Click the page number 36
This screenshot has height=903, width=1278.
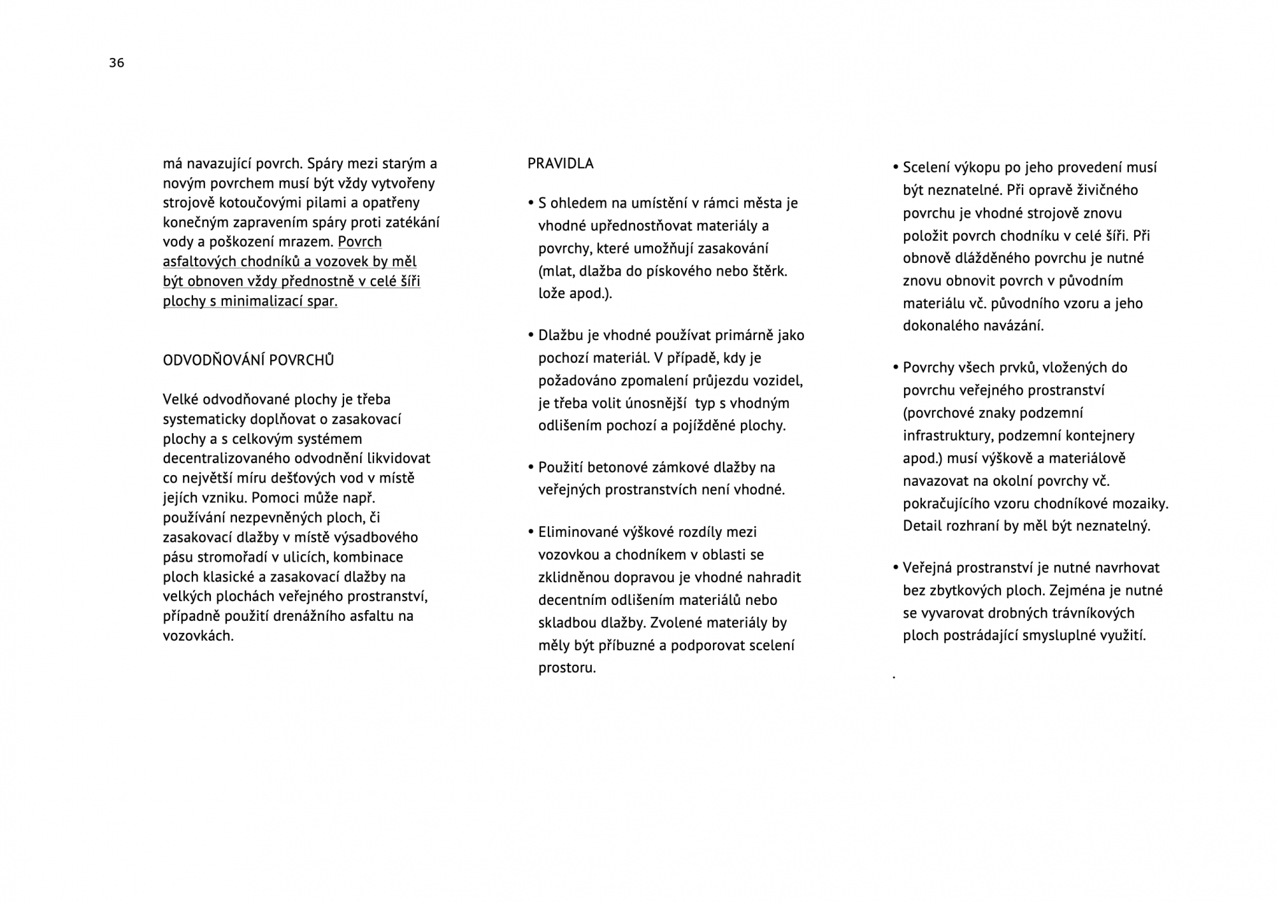tap(116, 63)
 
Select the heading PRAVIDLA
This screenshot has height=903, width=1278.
tap(560, 164)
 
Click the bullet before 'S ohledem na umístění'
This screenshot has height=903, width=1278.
tap(531, 203)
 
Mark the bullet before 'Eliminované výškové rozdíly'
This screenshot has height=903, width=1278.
tap(531, 532)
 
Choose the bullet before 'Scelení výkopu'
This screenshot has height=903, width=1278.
tap(896, 168)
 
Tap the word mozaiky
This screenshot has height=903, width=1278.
tap(1144, 504)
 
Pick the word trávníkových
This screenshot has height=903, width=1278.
tap(1092, 613)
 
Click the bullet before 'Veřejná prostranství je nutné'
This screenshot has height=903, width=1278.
tap(896, 568)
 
